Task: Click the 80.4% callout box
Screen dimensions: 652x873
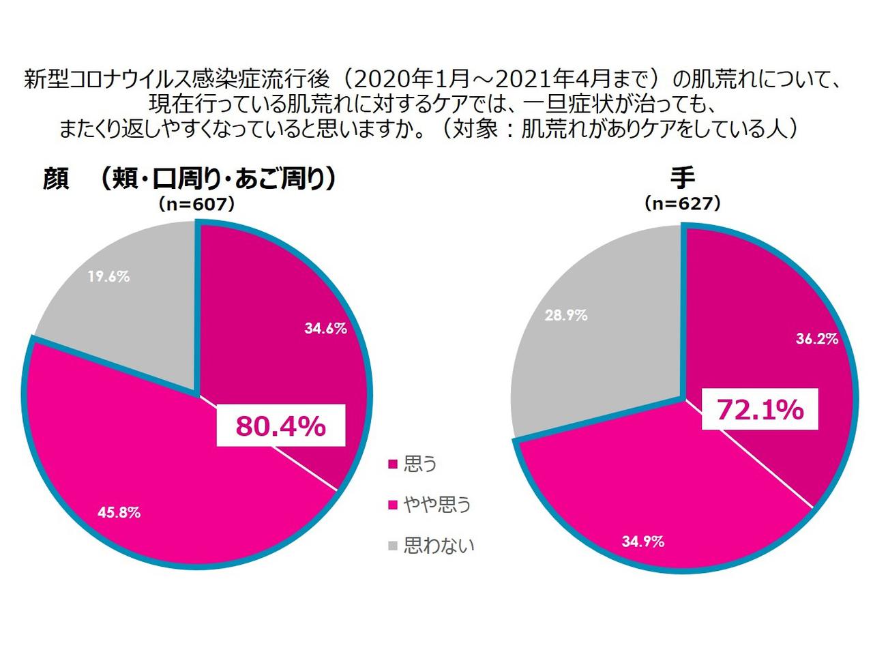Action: pyautogui.click(x=280, y=426)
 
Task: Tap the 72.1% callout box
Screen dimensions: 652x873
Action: pyautogui.click(x=760, y=409)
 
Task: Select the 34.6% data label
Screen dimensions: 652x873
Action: pyautogui.click(x=325, y=328)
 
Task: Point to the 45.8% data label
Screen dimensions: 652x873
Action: pyautogui.click(x=119, y=512)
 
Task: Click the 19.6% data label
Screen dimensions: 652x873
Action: pyautogui.click(x=108, y=276)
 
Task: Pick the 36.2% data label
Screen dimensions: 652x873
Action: pyautogui.click(x=817, y=338)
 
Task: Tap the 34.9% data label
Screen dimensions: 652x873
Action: pyautogui.click(x=642, y=542)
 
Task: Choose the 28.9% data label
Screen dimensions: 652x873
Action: pyautogui.click(x=566, y=315)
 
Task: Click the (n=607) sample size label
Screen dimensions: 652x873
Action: pyautogui.click(x=196, y=203)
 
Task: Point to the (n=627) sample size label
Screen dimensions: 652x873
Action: pyautogui.click(x=682, y=203)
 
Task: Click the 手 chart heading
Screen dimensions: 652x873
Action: pyautogui.click(x=682, y=178)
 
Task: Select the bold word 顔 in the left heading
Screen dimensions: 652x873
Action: pyautogui.click(x=57, y=179)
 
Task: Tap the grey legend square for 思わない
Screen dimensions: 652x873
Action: pyautogui.click(x=392, y=546)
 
